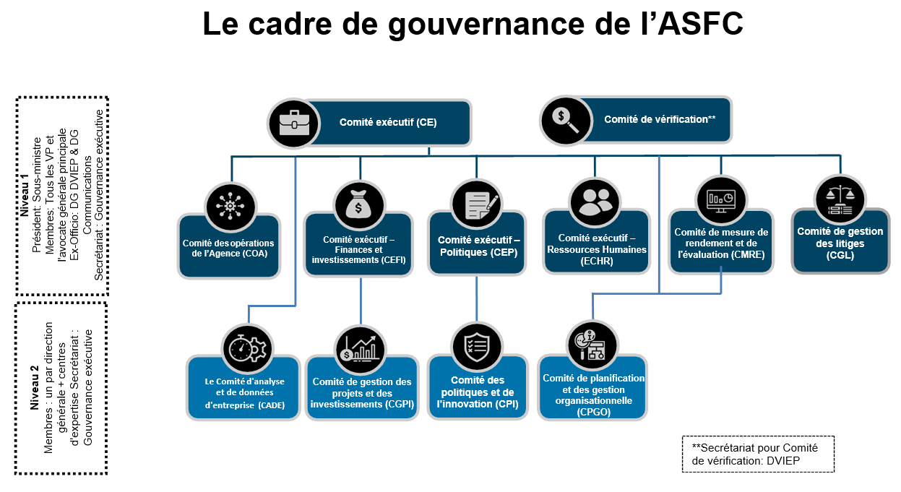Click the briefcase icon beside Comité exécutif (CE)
coord(293,124)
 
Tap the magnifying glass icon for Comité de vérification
coord(566,121)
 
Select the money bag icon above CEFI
coord(359,205)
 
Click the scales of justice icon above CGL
coord(840,200)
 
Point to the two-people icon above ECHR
coord(595,202)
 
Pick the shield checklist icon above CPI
coord(477,347)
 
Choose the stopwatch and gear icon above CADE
coord(247,349)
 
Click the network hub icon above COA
coord(230,207)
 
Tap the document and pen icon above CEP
coord(477,204)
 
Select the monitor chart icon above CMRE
coord(721,200)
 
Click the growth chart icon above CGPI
coord(360,349)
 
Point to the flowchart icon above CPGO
coord(592,345)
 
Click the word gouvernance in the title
coord(486,25)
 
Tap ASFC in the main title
coord(700,24)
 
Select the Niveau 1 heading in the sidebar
coord(25,195)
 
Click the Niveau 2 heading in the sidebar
coord(34,388)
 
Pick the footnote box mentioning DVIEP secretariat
coord(758,454)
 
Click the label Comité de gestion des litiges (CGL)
coord(840,243)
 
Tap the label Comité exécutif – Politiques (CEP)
coord(478,246)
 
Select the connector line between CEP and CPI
coord(477,298)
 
